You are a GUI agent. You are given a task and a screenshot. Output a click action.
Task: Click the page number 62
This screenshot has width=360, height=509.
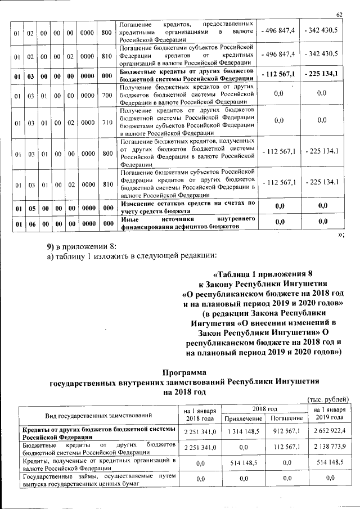pos(339,14)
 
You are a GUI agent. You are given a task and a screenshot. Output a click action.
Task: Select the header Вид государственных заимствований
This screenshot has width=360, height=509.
pos(97,415)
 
